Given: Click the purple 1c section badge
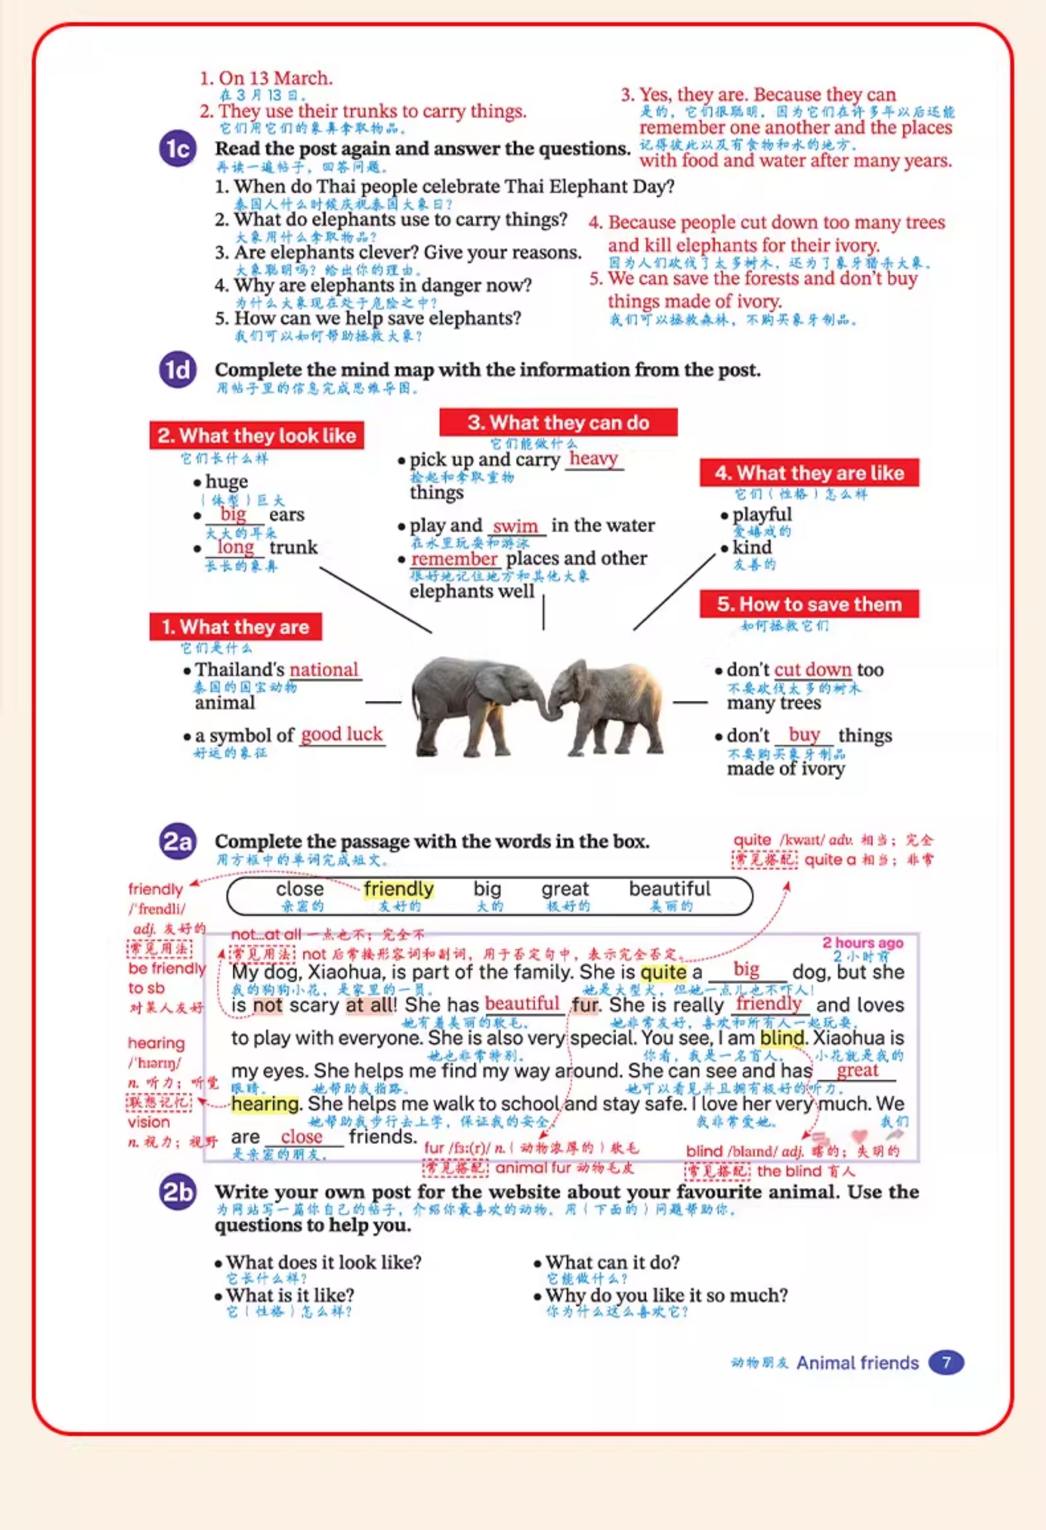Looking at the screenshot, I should click(x=178, y=149).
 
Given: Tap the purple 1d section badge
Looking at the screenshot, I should click(x=178, y=370).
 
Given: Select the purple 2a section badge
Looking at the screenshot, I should click(x=178, y=841).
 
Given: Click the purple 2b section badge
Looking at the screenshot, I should click(x=178, y=1192).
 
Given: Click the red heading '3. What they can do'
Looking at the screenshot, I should click(x=558, y=422).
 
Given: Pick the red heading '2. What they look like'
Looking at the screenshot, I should click(x=257, y=435).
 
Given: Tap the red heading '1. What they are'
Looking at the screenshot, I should click(x=236, y=627).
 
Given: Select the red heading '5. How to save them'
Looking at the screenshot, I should click(x=809, y=604).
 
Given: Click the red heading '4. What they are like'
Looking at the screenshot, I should click(x=809, y=473).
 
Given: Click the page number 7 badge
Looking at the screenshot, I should click(x=946, y=1362).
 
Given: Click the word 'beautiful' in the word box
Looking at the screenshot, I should click(x=669, y=889).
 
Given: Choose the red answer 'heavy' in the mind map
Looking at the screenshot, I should click(x=593, y=458).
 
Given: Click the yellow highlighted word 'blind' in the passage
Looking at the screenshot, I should click(x=782, y=1038).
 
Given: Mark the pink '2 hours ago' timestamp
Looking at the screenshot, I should click(x=863, y=943).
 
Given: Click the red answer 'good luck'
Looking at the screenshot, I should click(x=342, y=734).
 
